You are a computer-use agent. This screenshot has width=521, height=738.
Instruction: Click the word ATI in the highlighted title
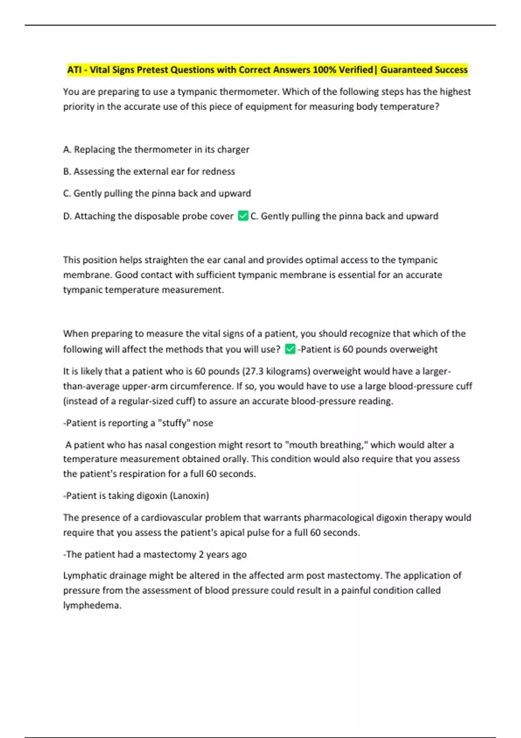click(x=74, y=70)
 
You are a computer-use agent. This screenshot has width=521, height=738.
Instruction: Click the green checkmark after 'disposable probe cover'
click(x=243, y=216)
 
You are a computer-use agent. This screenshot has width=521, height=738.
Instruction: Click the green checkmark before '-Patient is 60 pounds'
click(x=290, y=349)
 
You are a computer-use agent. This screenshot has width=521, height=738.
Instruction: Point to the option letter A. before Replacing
click(x=67, y=150)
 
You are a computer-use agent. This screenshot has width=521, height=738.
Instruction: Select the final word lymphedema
click(x=91, y=606)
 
